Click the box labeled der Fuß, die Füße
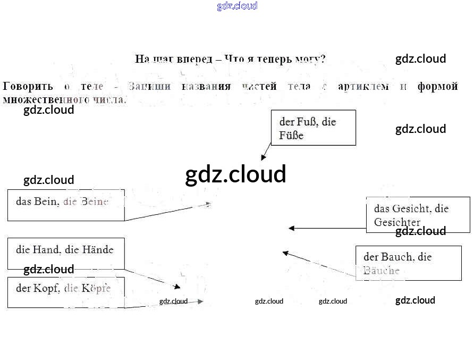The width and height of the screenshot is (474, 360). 313,128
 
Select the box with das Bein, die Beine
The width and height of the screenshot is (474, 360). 66,205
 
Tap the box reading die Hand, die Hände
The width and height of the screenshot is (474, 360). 66,253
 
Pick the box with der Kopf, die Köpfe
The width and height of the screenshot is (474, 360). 66,292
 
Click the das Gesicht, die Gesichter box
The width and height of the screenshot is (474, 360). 418,214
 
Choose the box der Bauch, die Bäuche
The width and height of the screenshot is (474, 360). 408,263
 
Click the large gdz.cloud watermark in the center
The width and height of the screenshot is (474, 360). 235,174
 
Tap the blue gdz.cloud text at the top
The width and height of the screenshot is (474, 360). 237,6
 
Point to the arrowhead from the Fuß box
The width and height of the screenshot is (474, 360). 263,157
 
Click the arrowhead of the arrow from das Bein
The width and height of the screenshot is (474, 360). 208,204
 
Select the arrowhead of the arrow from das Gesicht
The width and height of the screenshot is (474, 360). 291,228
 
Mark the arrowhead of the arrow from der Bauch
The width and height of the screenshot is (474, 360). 285,253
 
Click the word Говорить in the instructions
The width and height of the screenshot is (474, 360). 28,86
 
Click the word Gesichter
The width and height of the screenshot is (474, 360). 397,222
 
